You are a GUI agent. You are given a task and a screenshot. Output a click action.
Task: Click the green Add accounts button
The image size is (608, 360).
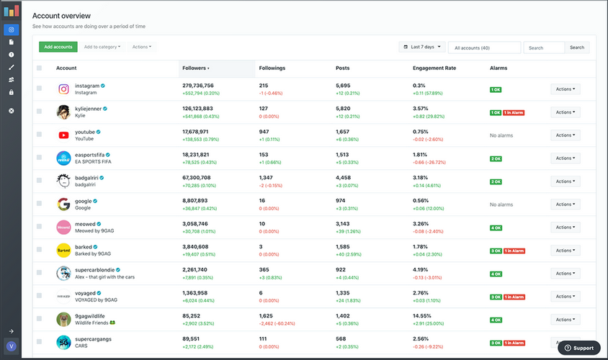click(x=58, y=47)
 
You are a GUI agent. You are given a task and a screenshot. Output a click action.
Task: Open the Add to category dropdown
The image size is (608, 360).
click(x=102, y=47)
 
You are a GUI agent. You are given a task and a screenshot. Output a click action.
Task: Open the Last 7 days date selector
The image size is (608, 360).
click(x=422, y=47)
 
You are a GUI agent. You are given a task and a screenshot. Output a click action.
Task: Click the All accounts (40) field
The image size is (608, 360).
click(x=484, y=48)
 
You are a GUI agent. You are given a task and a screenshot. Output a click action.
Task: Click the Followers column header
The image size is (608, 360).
click(x=196, y=68)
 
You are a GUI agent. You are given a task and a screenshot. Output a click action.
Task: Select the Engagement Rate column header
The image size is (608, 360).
click(x=434, y=68)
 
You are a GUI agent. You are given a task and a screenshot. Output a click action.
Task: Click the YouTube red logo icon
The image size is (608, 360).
click(x=63, y=135)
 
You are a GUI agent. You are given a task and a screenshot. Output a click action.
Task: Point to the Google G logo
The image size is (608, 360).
click(x=63, y=204)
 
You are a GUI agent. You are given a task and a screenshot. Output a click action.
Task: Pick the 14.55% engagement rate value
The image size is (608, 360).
click(x=423, y=315)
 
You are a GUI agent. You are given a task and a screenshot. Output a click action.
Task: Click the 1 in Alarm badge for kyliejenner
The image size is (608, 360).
click(x=513, y=112)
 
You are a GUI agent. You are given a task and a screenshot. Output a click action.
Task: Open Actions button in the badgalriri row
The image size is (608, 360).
click(x=565, y=181)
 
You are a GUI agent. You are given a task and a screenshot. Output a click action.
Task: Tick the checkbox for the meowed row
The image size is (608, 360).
click(x=39, y=228)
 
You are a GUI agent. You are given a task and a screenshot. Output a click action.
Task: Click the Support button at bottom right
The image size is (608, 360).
click(x=578, y=348)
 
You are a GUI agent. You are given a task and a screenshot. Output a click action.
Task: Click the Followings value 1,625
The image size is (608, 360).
click(x=266, y=315)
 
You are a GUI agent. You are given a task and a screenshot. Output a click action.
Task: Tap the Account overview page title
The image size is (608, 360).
click(x=61, y=15)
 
